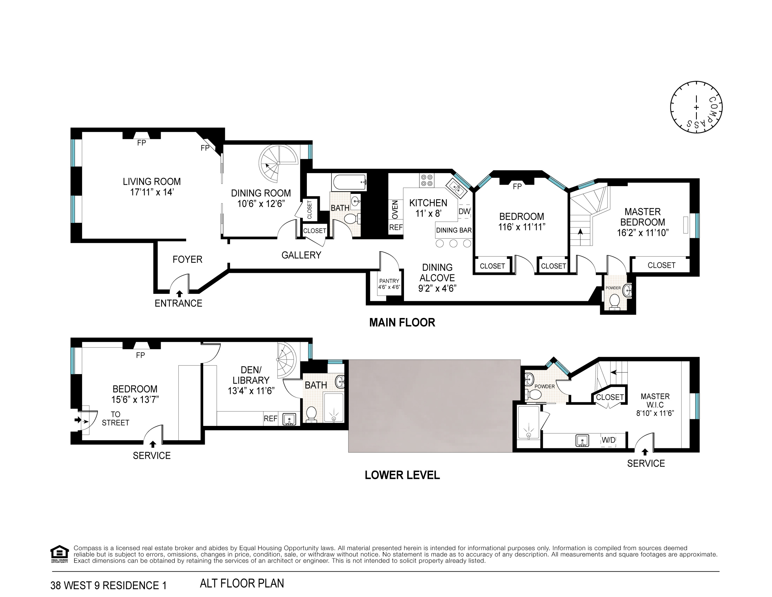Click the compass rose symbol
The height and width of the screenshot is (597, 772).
(x=696, y=107)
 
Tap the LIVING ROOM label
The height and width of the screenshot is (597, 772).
(x=152, y=182)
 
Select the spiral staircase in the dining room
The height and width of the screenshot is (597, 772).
(x=278, y=163)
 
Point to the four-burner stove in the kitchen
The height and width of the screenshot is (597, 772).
(x=427, y=180)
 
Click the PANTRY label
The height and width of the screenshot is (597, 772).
(x=389, y=281)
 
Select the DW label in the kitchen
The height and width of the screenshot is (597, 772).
(x=464, y=211)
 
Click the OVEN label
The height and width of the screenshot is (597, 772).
(x=395, y=209)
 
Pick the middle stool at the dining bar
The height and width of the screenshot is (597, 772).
(x=453, y=243)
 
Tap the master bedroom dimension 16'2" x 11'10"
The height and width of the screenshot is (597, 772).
(x=643, y=233)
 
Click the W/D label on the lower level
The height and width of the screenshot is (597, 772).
(x=608, y=440)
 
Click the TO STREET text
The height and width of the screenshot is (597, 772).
(x=115, y=418)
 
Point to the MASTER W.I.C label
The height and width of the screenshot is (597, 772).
(x=655, y=401)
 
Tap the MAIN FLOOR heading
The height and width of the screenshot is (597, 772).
(x=402, y=322)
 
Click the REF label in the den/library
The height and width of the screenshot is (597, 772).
(x=270, y=418)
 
